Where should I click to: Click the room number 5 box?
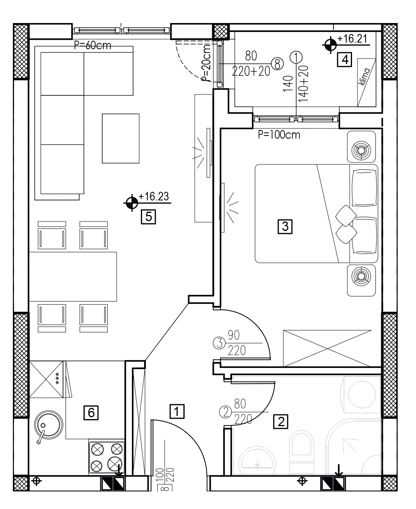click(x=148, y=216)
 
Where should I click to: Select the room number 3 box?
click(x=285, y=227)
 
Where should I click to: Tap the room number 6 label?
click(x=91, y=413)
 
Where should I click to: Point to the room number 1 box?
click(x=177, y=411)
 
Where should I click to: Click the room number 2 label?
click(x=281, y=421)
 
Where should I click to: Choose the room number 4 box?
click(x=345, y=59)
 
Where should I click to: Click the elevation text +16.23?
click(x=154, y=196)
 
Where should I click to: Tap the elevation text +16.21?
click(x=352, y=39)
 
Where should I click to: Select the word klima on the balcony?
click(x=364, y=77)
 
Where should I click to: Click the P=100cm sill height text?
click(x=279, y=135)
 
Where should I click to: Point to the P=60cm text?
click(x=92, y=45)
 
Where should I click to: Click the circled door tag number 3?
click(x=219, y=343)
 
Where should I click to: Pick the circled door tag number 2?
click(x=226, y=413)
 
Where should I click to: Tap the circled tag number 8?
click(x=277, y=64)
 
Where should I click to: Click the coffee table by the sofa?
click(x=121, y=139)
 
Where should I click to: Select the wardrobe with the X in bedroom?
click(x=327, y=348)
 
